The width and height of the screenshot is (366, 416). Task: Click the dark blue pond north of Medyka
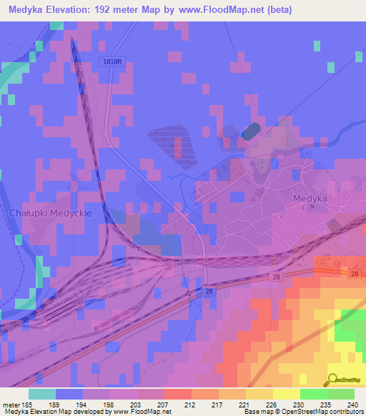tap(251, 132)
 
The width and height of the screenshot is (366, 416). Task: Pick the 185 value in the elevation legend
tap(31, 404)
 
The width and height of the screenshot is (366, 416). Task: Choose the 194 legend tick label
tap(83, 404)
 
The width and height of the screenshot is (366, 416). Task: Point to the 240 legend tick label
tap(352, 404)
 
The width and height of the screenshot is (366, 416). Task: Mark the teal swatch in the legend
tap(42, 394)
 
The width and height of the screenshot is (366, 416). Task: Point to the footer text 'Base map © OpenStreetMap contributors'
tap(303, 412)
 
